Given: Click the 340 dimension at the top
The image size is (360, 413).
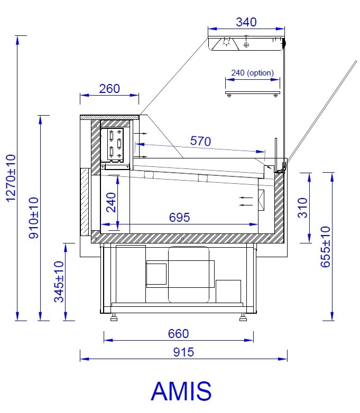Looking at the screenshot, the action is click(246, 22).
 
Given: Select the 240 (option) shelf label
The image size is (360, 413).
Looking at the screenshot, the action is click(252, 73).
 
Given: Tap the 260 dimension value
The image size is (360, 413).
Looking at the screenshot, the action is click(109, 89).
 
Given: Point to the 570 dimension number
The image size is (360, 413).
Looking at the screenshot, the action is click(200, 141).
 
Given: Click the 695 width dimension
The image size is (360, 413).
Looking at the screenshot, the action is click(179, 217).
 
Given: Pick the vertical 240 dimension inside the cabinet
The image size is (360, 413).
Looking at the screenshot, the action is click(111, 202).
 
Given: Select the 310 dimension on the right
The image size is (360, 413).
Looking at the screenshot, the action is click(302, 208).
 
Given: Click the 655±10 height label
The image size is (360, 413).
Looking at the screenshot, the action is click(325, 247).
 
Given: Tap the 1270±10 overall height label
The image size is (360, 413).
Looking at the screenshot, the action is click(11, 179).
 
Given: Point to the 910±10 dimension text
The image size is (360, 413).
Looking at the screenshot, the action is click(33, 218).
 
